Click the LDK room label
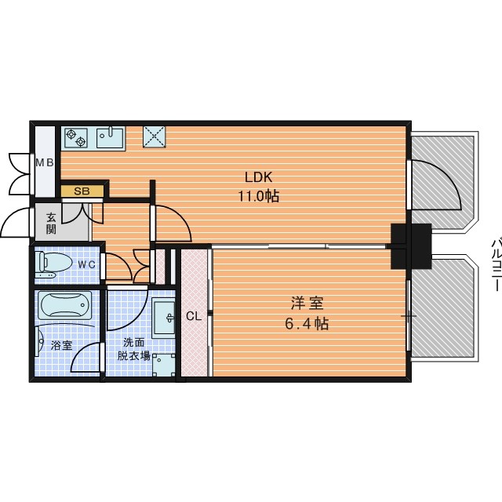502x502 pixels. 258,177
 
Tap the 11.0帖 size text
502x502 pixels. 258,196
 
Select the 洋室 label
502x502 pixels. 307,304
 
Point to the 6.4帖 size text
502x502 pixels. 307,324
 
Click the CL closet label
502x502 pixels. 194,316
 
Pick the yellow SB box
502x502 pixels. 82,191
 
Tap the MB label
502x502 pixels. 45,163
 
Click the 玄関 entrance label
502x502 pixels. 51,224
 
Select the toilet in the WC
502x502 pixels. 53,264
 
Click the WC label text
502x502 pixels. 87,265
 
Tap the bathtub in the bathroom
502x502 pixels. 65,305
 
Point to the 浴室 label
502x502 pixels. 61,345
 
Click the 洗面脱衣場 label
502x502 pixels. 133,349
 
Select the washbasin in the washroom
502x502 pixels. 163,318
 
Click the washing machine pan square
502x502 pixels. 164,366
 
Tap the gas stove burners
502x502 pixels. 76,138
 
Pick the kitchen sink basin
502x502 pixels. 110,138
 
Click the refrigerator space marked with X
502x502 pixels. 155,136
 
